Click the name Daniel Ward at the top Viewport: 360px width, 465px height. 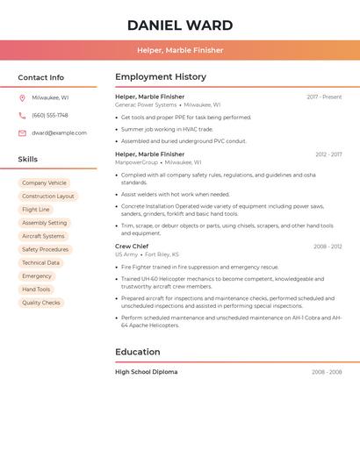pyautogui.click(x=180, y=25)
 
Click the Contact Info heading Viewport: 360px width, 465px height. pyautogui.click(x=40, y=77)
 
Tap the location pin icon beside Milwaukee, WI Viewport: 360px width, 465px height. pyautogui.click(x=22, y=98)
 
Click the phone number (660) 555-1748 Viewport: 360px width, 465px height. pyautogui.click(x=50, y=115)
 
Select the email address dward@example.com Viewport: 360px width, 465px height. pyautogui.click(x=59, y=133)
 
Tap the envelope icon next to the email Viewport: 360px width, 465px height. pyautogui.click(x=22, y=133)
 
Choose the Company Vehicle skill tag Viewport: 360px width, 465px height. pyautogui.click(x=44, y=183)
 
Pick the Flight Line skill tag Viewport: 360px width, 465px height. pyautogui.click(x=36, y=210)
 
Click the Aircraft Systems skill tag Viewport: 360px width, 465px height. pyautogui.click(x=43, y=236)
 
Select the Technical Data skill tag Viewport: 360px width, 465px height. pyautogui.click(x=40, y=263)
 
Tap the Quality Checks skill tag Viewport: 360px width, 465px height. pyautogui.click(x=41, y=303)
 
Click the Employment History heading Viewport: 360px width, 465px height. pyautogui.click(x=161, y=77)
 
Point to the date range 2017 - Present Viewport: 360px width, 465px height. pyautogui.click(x=324, y=97)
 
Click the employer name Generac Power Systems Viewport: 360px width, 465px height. pyautogui.click(x=146, y=104)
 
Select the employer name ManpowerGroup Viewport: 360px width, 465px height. pyautogui.click(x=137, y=162)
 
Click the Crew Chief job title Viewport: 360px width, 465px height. pyautogui.click(x=132, y=247)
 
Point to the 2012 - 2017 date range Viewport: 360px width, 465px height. pyautogui.click(x=328, y=154)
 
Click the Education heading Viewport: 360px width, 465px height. pyautogui.click(x=138, y=352)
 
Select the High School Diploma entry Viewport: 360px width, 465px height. pyautogui.click(x=146, y=372)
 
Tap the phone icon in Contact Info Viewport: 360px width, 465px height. pyautogui.click(x=22, y=115)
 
